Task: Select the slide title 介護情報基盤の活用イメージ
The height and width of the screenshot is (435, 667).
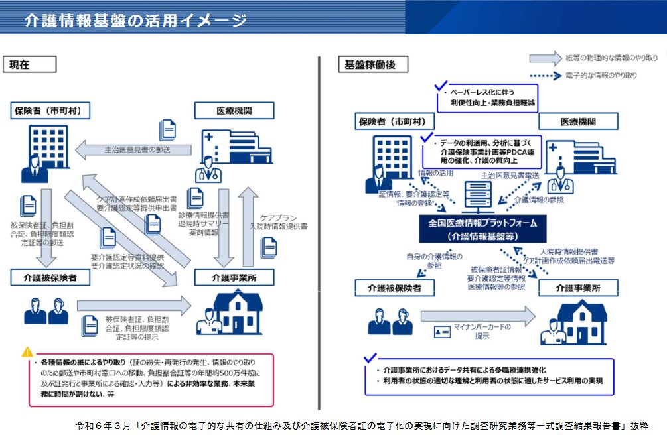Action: click(x=135, y=20)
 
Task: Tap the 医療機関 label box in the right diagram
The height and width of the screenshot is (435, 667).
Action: click(x=578, y=121)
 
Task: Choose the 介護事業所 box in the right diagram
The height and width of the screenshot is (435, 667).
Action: click(x=578, y=288)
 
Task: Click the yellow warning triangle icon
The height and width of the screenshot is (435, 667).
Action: click(x=27, y=352)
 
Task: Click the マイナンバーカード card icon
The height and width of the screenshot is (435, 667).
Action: click(x=443, y=331)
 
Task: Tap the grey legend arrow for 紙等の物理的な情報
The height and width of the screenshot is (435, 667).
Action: click(x=545, y=58)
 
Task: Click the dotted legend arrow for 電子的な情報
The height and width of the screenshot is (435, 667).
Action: click(x=545, y=76)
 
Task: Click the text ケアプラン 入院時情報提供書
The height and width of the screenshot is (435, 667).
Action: click(x=278, y=221)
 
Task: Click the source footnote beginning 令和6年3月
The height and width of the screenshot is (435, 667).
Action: click(x=362, y=426)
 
